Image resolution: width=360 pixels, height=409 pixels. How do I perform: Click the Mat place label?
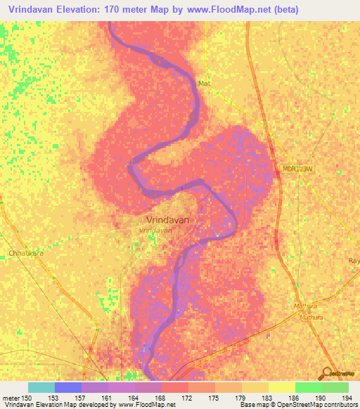coord(204,82)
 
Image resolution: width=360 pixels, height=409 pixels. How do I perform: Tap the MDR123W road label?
coord(295,169)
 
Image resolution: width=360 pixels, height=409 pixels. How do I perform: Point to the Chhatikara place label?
coord(25,252)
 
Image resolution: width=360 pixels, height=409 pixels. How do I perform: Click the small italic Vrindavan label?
coord(156,230)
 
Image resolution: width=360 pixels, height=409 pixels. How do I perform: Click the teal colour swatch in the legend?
coord(41,387)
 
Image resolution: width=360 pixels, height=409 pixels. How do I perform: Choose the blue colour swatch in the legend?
coord(68,387)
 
